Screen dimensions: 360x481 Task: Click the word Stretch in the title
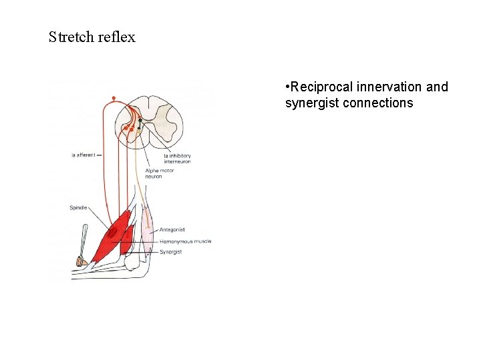[71, 37]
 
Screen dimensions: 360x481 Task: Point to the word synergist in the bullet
[312, 103]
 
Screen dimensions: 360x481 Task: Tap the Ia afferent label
[84, 155]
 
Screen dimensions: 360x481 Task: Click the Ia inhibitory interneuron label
[177, 159]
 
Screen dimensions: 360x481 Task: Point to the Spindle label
[78, 208]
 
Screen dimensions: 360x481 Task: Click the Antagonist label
[172, 229]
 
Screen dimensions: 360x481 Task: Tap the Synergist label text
[171, 252]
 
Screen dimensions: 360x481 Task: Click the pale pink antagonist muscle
[146, 230]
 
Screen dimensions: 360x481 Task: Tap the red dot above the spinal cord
[114, 99]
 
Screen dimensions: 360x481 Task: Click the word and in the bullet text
[437, 87]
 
